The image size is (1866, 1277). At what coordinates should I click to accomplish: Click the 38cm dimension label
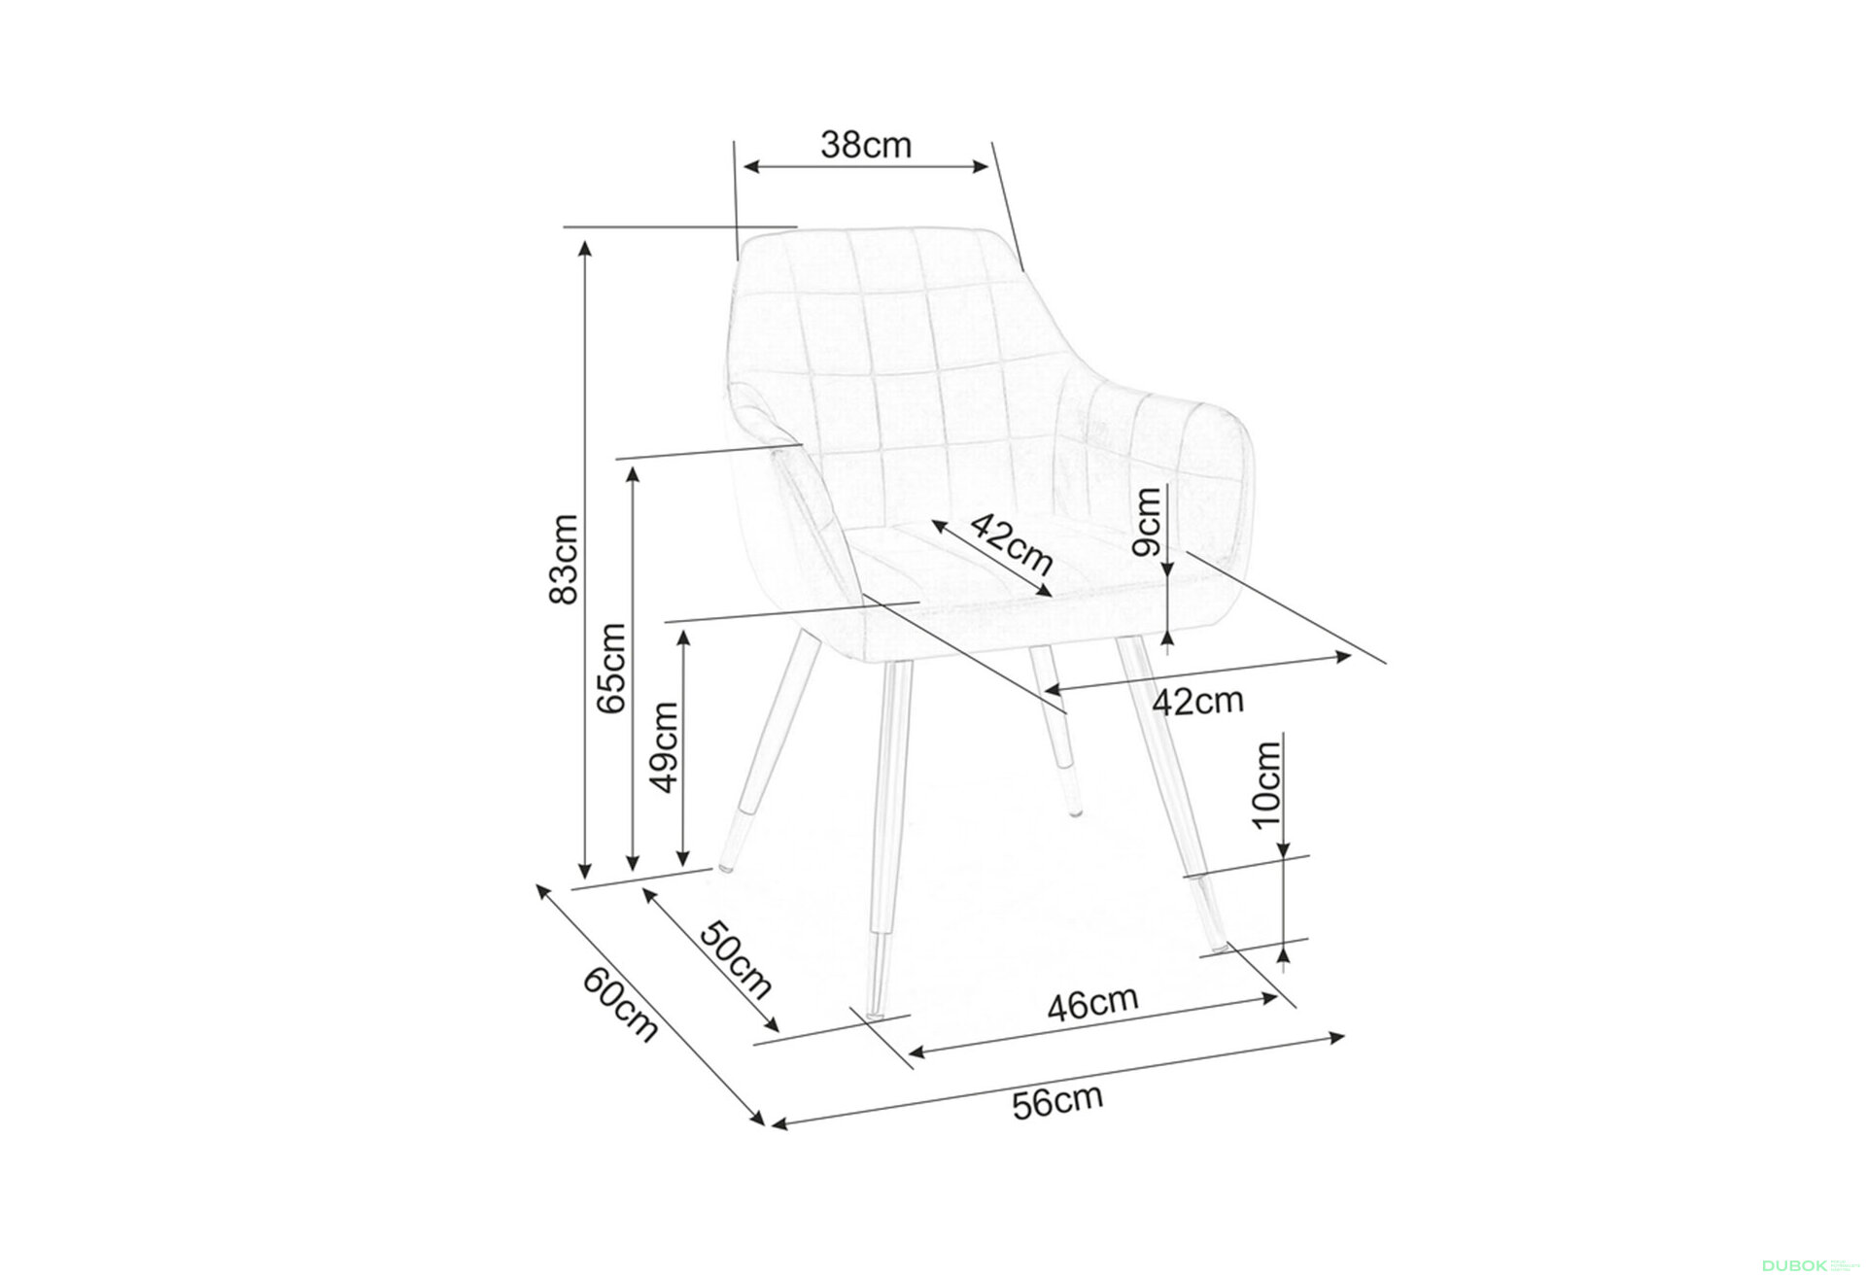(x=866, y=146)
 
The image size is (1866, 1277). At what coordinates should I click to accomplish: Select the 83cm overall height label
(x=564, y=558)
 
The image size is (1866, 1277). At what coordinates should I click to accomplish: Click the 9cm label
(x=1148, y=521)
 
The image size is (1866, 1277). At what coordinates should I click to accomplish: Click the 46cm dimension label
(x=1091, y=1003)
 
